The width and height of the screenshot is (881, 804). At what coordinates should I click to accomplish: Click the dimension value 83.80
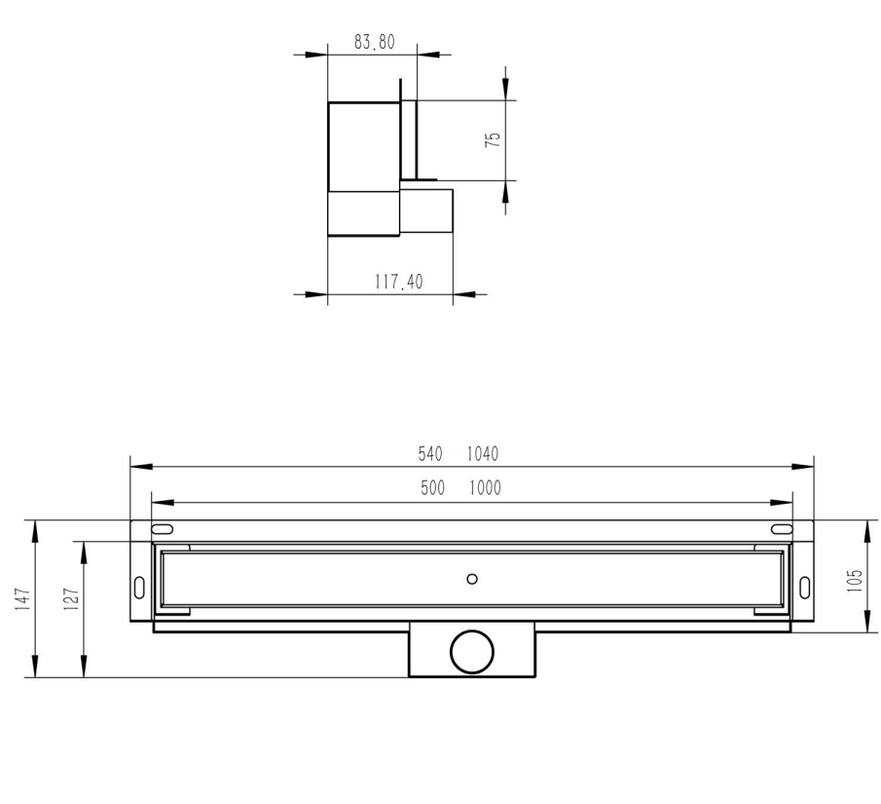(374, 42)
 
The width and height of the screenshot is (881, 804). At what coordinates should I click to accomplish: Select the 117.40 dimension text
(399, 282)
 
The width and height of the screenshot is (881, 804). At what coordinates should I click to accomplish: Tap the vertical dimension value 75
(494, 139)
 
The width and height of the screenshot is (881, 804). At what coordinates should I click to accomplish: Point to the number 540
(430, 453)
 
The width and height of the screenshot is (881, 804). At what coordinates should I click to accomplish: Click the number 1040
(482, 453)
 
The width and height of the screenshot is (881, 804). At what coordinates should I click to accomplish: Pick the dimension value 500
(432, 488)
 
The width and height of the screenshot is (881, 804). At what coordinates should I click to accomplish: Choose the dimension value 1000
(484, 488)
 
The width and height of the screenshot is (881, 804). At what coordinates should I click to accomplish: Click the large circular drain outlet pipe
(472, 650)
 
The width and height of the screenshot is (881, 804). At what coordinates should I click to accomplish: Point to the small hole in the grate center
(472, 579)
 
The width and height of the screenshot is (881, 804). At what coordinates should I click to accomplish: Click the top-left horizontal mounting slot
(163, 529)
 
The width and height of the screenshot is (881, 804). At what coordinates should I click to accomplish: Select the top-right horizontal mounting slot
(782, 529)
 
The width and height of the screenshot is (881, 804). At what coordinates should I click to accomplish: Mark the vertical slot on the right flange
(805, 588)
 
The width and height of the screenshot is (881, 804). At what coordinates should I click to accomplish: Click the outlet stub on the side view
(426, 211)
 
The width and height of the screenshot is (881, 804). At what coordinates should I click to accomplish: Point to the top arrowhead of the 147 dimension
(35, 527)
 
